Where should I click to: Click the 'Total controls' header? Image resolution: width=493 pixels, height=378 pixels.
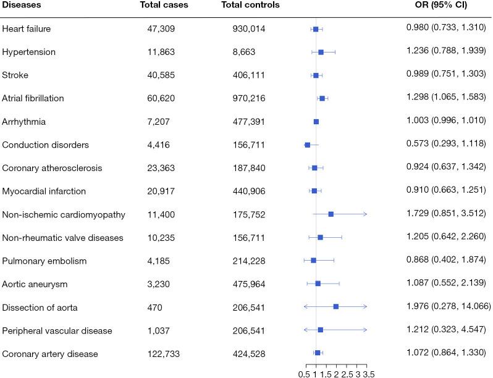pos(250,6)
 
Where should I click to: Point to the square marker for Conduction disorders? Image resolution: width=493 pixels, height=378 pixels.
pos(308,145)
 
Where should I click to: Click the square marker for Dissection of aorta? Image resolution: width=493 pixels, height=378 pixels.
pos(336,306)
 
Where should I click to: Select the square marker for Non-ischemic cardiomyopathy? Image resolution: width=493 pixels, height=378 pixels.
pos(331,214)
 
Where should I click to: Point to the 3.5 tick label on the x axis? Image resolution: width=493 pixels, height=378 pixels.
pos(369,373)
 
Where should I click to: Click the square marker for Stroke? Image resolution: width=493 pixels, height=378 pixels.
pos(316,75)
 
